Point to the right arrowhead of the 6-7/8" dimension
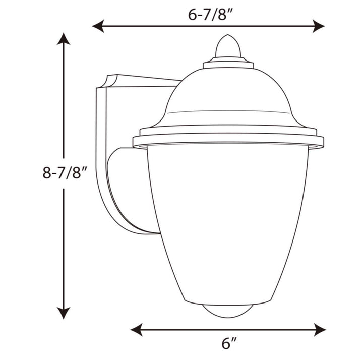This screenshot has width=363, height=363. tap(318, 26)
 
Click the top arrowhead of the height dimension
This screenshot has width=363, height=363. tap(63, 38)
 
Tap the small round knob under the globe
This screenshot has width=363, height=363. tap(228, 311)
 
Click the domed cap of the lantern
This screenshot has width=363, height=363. tap(228, 96)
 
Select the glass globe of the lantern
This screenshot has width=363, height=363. tap(228, 222)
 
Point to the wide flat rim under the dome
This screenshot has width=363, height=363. tap(228, 139)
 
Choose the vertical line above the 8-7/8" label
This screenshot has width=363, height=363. tap(63, 101)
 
